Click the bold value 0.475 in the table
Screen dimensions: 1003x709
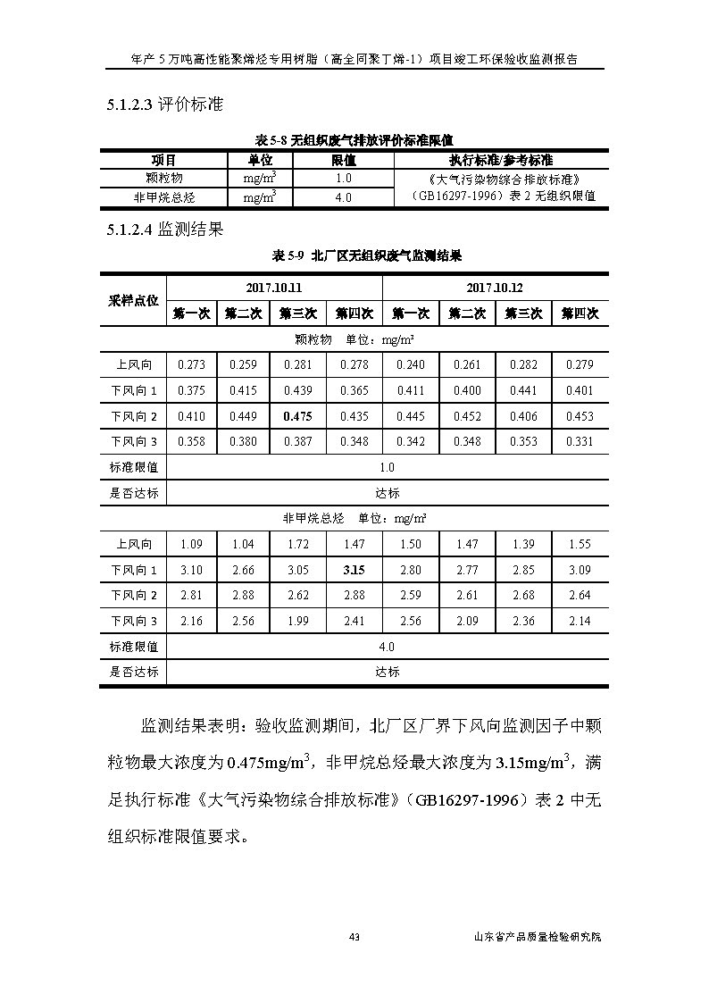[298, 416]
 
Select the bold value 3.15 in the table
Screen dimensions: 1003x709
[354, 570]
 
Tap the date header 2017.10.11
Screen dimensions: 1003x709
[274, 288]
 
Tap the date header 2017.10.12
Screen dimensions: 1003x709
[494, 288]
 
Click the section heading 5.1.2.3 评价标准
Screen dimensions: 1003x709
[163, 105]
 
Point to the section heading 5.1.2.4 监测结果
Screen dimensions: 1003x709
[163, 230]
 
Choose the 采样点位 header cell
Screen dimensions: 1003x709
[133, 301]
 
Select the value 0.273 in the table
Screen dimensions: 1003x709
[192, 364]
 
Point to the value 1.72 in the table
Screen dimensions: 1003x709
[298, 544]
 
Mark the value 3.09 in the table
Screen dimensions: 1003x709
[580, 570]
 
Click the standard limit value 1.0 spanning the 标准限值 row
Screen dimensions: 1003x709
[387, 467]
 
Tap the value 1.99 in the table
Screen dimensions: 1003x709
[298, 621]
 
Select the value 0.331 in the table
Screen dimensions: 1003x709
[580, 441]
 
